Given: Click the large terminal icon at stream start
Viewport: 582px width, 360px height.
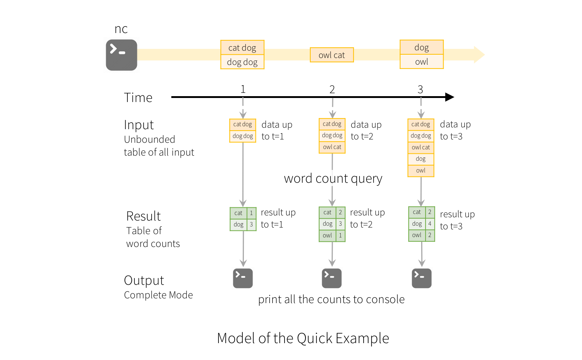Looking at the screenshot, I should (122, 55).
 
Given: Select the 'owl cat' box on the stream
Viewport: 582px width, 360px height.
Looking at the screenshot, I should (332, 55).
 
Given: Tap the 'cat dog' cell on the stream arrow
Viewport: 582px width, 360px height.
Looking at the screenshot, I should (242, 48).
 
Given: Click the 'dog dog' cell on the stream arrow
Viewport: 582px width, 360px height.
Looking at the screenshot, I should (242, 62).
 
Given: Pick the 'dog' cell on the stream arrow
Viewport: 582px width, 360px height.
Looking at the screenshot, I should (422, 47).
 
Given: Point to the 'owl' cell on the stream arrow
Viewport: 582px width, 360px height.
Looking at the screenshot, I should (422, 62).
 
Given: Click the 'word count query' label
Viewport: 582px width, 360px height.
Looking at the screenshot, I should (333, 178).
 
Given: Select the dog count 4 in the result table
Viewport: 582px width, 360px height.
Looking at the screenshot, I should (430, 223).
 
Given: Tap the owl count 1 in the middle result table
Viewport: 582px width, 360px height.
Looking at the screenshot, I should (340, 235).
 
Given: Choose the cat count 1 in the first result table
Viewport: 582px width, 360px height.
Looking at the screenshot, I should (251, 213).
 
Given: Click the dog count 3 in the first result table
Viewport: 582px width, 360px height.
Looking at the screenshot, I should (251, 224).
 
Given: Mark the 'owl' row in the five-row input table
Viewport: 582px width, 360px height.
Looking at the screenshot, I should (421, 171).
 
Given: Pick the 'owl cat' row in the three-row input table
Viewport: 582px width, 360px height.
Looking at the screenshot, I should (332, 147).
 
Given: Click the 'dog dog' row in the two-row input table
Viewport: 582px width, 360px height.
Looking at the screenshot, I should (243, 136).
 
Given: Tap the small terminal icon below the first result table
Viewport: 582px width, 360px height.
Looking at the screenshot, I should (243, 278).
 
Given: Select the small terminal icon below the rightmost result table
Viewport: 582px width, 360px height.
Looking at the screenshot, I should (422, 278).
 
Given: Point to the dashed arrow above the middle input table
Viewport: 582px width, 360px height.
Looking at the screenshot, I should (332, 107).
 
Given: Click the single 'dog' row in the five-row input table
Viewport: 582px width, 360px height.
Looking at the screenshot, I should (421, 159).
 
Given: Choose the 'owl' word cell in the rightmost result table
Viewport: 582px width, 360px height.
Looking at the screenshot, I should (417, 235).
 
